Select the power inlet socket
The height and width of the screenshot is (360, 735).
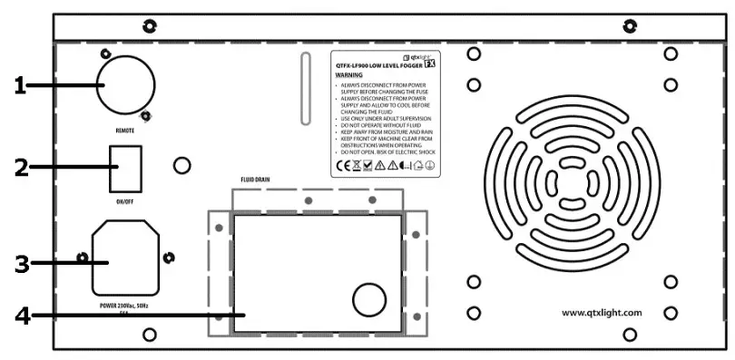123,260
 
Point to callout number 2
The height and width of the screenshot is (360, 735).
23,169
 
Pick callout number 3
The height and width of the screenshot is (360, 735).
24,264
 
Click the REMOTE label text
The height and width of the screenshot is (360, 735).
126,131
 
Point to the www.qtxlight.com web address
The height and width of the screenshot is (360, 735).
602,312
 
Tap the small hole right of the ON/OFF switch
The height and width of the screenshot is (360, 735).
181,166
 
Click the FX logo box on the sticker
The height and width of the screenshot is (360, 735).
433,64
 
